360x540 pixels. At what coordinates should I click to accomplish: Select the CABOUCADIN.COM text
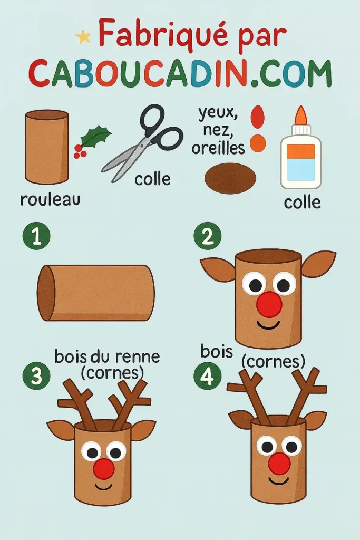tap(180, 73)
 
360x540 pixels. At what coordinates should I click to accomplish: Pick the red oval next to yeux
tap(258, 117)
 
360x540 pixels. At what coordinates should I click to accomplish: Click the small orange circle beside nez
tap(258, 143)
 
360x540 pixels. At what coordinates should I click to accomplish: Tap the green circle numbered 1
tap(36, 237)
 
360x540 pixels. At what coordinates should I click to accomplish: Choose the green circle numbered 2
tap(207, 237)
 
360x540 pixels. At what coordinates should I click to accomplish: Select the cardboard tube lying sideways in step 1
tap(96, 293)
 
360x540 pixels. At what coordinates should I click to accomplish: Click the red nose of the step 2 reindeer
tap(269, 304)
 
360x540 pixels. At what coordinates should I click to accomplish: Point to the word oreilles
tap(218, 148)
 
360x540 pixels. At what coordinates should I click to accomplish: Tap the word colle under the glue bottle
tap(302, 201)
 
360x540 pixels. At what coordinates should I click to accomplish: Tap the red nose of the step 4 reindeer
tap(279, 463)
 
